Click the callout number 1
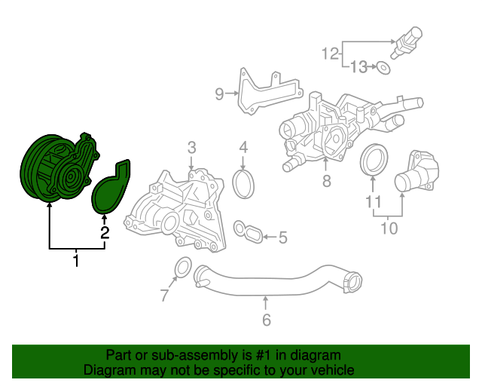76,261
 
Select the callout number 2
105,233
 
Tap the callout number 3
191,147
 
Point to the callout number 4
244,147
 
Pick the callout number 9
219,94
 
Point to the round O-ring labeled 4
244,185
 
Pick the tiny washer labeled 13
384,68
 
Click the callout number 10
389,226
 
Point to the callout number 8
326,181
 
